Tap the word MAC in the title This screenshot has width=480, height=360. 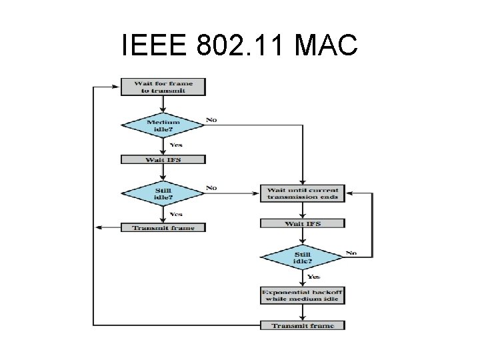tap(325, 46)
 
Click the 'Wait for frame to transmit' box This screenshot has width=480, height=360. tap(163, 87)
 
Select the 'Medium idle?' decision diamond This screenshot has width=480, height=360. tap(163, 125)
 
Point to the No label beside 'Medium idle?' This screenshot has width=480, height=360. tap(211, 120)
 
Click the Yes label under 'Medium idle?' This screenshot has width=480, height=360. tap(176, 145)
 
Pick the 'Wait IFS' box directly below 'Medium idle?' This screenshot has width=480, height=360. tap(163, 160)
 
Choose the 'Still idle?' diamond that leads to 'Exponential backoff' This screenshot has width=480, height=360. tap(302, 257)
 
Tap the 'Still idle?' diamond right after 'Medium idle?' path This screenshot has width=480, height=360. tap(163, 193)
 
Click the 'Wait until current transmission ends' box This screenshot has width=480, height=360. tap(303, 193)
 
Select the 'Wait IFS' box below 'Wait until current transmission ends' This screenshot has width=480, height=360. tap(303, 223)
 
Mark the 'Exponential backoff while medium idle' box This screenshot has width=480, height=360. tap(303, 295)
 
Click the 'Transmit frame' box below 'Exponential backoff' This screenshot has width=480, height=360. tap(303, 325)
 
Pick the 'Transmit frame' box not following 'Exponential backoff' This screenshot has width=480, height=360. tap(163, 227)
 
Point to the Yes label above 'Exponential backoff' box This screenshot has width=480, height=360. tap(314, 277)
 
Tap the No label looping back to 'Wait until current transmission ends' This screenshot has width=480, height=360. tap(351, 253)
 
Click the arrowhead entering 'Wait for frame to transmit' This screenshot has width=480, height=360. tap(117, 87)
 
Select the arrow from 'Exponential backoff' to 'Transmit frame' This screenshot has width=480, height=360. tap(303, 313)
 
